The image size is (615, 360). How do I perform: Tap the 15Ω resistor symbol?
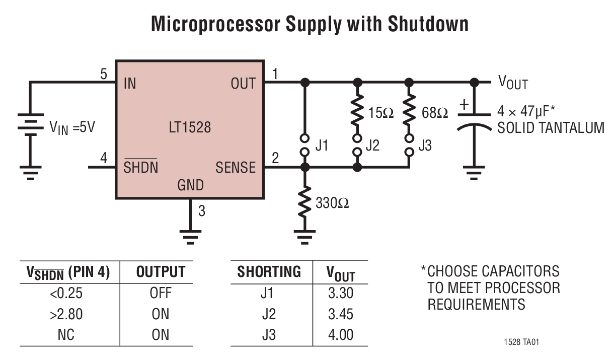coord(357,112)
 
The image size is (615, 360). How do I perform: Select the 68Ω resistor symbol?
coord(409,112)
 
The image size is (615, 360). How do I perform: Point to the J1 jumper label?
coord(322,146)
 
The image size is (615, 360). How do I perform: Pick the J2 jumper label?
coord(373,146)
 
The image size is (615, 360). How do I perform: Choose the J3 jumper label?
coord(425,146)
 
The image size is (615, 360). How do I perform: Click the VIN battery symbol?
coord(30,127)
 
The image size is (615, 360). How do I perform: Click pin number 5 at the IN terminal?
coord(104,75)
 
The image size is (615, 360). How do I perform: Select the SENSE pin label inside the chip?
coord(235,168)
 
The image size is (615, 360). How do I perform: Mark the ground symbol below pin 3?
coord(190,236)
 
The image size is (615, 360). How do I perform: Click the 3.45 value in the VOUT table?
coord(341,315)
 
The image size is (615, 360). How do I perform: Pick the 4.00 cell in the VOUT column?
coord(341,335)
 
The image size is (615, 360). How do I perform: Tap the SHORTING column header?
coord(269,272)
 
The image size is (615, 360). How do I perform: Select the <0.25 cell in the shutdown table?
coord(66,294)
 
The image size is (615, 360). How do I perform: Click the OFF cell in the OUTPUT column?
coord(161,294)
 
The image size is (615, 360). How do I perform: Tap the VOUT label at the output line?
coord(513,83)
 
